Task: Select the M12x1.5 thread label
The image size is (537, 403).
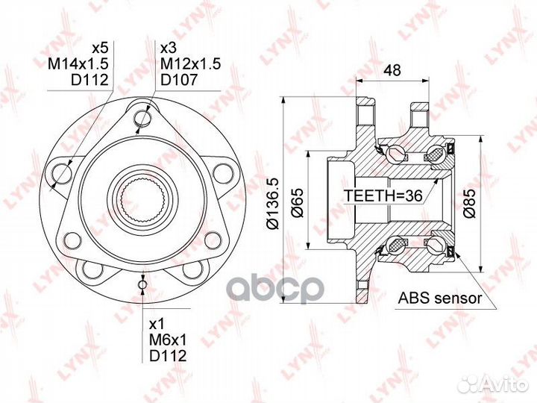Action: coord(190,64)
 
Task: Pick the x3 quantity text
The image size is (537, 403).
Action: coord(168,48)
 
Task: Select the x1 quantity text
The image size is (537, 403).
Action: coord(157,325)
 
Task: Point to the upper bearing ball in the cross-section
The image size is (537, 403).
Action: coord(395,154)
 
